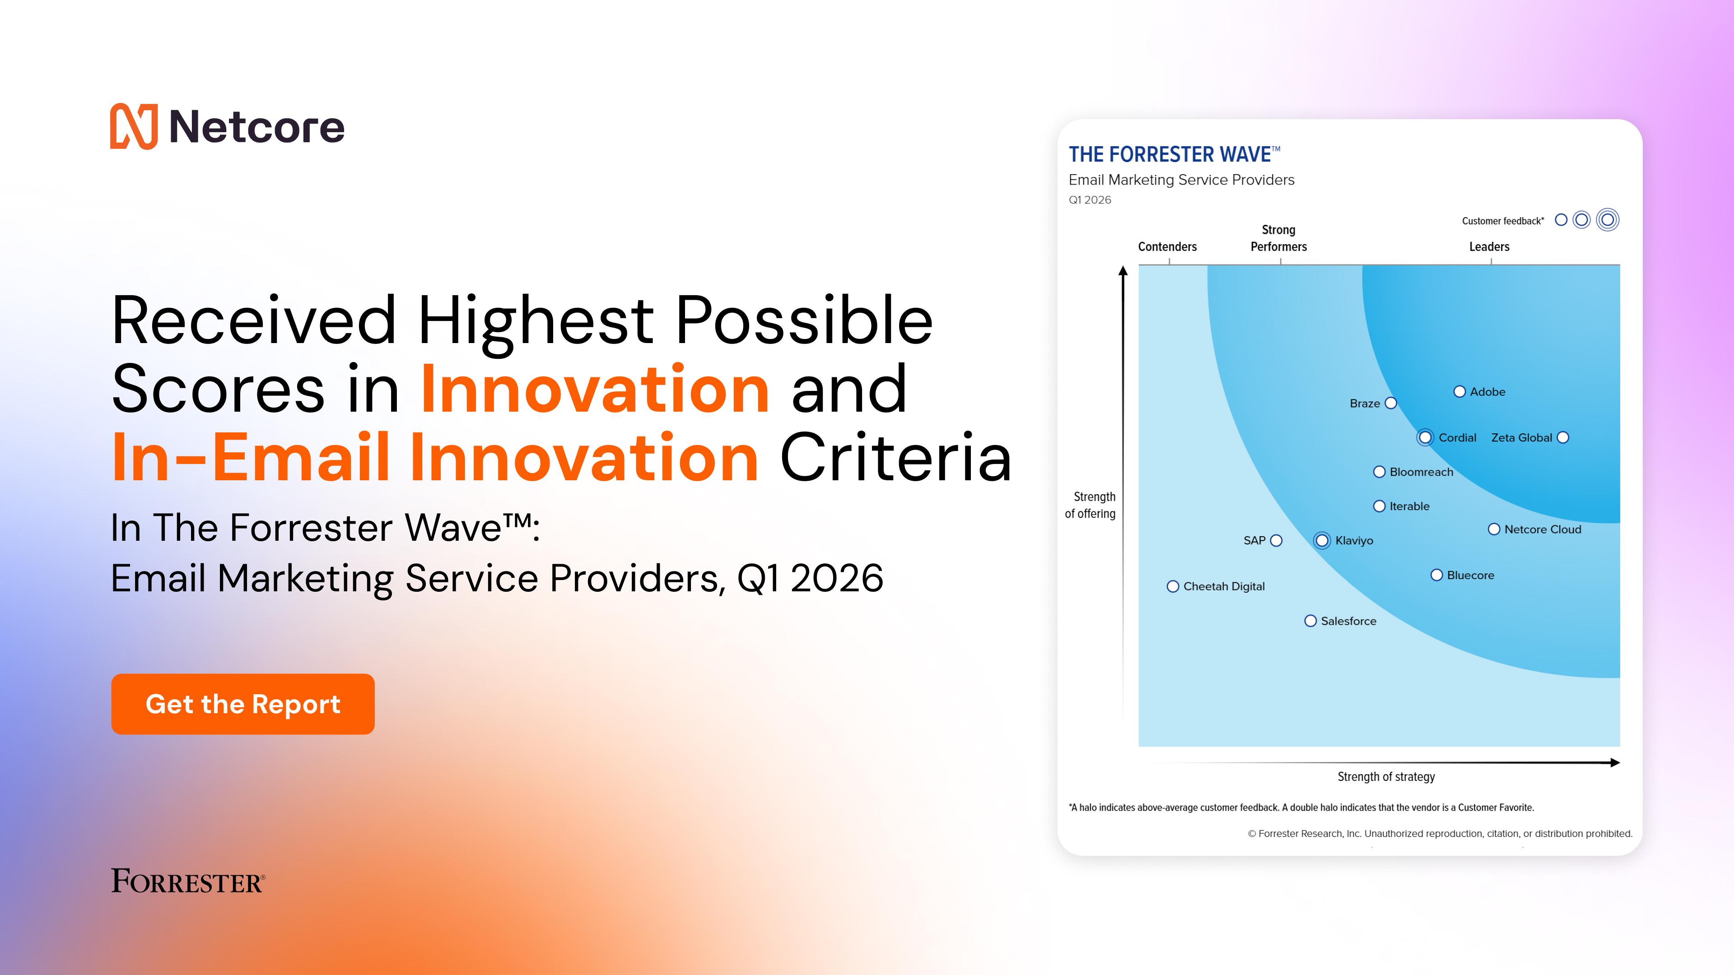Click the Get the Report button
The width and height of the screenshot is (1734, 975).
point(242,704)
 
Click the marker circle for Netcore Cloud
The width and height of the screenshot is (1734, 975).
point(1494,529)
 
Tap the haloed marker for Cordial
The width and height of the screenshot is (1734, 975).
point(1425,437)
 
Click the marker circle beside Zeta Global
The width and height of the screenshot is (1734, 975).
point(1563,437)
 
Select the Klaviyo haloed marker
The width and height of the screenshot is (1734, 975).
point(1322,540)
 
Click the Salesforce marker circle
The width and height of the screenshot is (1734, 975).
point(1310,621)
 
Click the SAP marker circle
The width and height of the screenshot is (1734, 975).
point(1276,540)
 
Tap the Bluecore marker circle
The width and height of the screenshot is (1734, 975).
point(1436,576)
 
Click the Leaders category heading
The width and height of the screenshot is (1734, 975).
point(1489,247)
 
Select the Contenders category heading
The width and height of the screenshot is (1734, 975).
point(1167,247)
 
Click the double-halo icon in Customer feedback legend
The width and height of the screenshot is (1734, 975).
point(1608,220)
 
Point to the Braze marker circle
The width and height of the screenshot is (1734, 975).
point(1391,403)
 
